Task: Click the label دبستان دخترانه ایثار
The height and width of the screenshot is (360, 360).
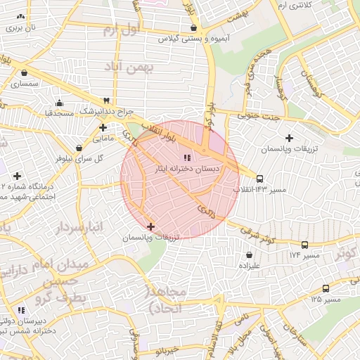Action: pos(186,169)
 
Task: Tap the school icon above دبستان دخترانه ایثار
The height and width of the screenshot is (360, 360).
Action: pos(186,157)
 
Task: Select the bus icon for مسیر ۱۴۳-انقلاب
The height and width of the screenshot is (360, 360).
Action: pos(260,179)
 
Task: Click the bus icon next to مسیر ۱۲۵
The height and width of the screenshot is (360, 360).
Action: pos(326,288)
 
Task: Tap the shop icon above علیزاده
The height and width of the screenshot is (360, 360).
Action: pos(249,255)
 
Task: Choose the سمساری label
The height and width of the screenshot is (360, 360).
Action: pos(25,84)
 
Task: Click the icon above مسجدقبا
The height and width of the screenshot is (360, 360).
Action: pos(59,101)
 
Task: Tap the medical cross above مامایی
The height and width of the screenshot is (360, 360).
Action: pos(103,127)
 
